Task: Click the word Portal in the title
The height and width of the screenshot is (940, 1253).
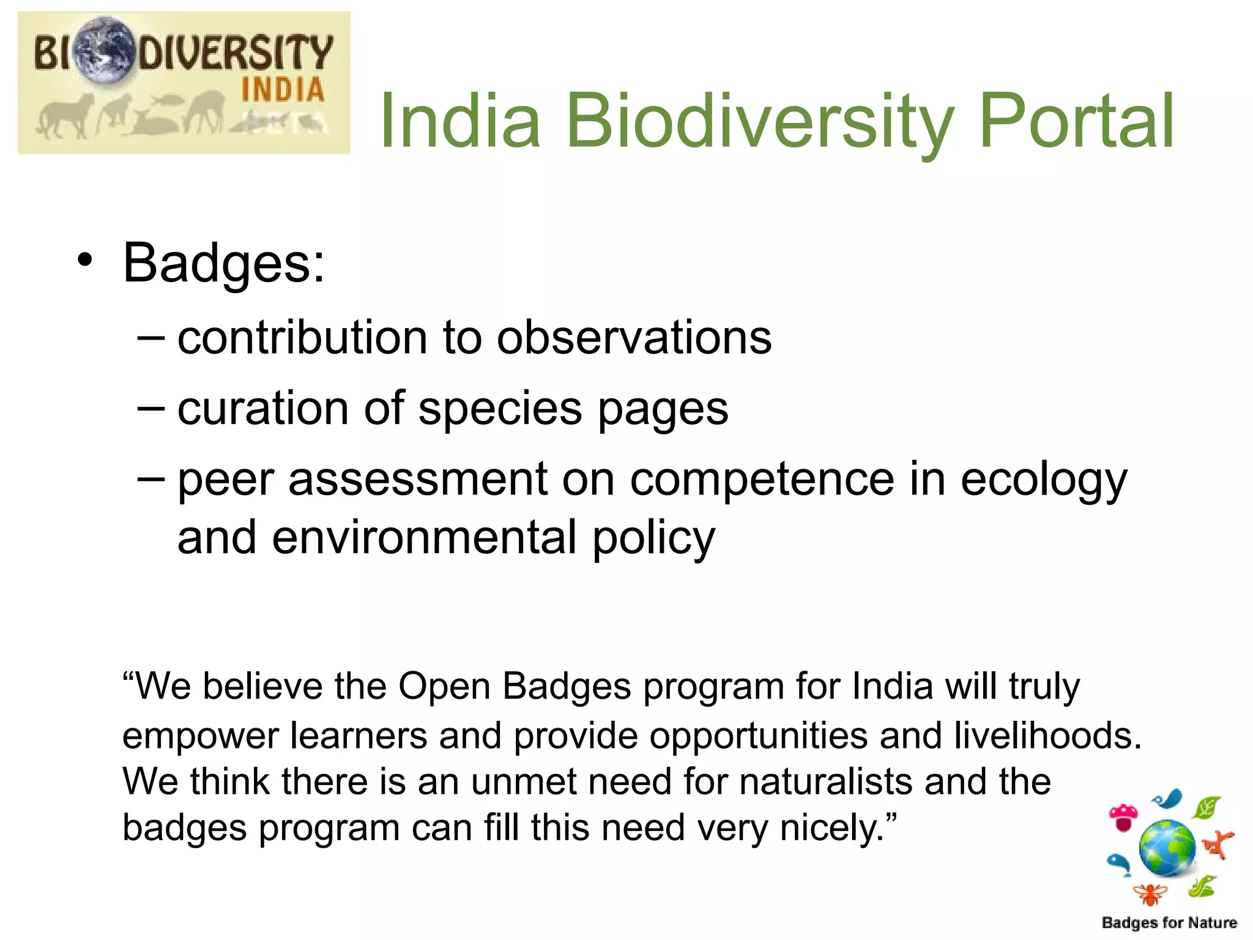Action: (1076, 121)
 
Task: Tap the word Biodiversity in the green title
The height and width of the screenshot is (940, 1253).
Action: (759, 121)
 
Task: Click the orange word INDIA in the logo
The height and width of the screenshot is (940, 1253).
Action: (282, 90)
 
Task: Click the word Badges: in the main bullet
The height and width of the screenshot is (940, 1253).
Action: (224, 263)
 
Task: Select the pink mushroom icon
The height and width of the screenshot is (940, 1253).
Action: (1123, 817)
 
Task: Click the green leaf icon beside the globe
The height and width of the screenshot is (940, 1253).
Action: (1207, 808)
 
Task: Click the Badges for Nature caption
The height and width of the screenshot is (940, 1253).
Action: (1169, 922)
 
